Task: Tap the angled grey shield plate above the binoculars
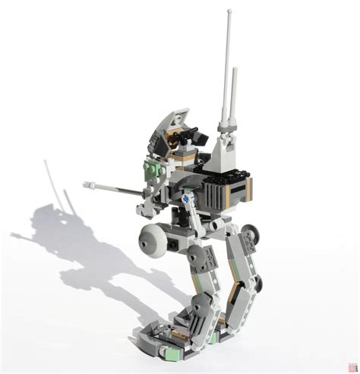pyautogui.click(x=174, y=121)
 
